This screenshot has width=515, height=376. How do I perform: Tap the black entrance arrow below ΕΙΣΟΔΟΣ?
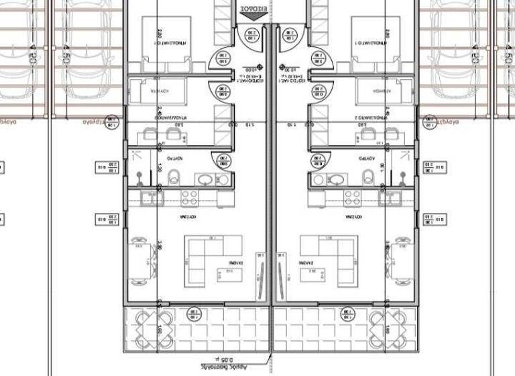[257, 21]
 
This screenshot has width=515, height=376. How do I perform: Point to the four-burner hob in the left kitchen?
[188, 197]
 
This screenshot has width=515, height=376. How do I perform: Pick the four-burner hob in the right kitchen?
[351, 197]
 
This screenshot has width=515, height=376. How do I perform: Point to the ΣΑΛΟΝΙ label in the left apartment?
[235, 263]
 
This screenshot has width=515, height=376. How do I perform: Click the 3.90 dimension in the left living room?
[160, 247]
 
